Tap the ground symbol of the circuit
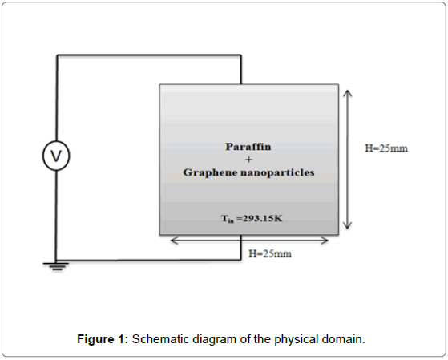pyautogui.click(x=56, y=266)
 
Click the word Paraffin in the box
pyautogui.click(x=248, y=147)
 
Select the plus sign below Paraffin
pyautogui.click(x=249, y=160)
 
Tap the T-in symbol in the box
pyautogui.click(x=228, y=220)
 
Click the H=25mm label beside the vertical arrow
pyautogui.click(x=386, y=148)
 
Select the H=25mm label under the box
pyautogui.click(x=270, y=253)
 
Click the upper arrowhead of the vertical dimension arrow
pyautogui.click(x=348, y=93)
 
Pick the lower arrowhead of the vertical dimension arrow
pyautogui.click(x=348, y=225)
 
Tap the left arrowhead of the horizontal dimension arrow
pyautogui.click(x=174, y=241)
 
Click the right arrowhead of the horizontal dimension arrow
pyautogui.click(x=325, y=241)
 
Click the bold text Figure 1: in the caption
pyautogui.click(x=103, y=339)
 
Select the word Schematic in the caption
pyautogui.click(x=161, y=339)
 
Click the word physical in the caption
pyautogui.click(x=297, y=340)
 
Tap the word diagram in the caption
pyautogui.click(x=215, y=340)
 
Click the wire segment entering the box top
pyautogui.click(x=241, y=70)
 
